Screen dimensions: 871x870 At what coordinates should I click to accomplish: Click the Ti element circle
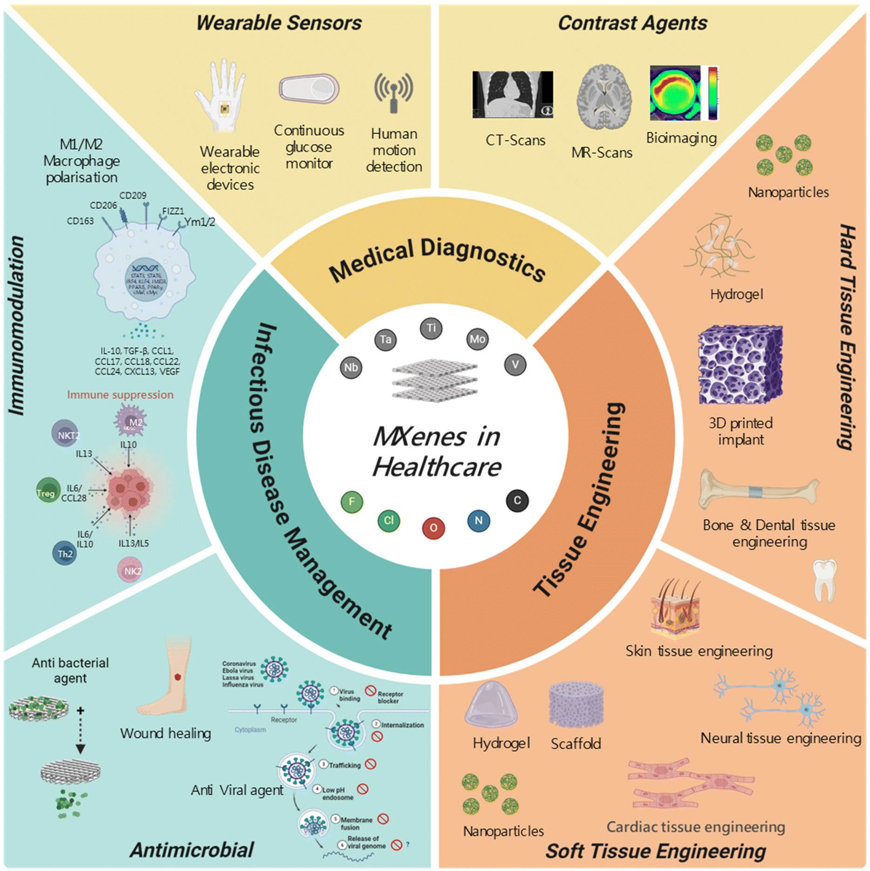(x=431, y=328)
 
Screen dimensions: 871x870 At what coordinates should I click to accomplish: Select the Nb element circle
(x=351, y=367)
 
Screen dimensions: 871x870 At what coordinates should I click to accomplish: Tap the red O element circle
(x=433, y=528)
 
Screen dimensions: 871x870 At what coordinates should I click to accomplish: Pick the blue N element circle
(x=478, y=520)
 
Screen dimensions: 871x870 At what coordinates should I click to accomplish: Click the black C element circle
(x=517, y=501)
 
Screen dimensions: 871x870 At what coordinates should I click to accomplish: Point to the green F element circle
(x=352, y=502)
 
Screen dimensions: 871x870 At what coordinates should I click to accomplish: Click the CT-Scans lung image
(x=512, y=94)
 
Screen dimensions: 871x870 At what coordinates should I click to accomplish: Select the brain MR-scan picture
(x=604, y=97)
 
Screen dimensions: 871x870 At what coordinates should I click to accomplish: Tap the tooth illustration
(x=824, y=580)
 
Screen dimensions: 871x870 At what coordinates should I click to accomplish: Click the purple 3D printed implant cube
(x=740, y=364)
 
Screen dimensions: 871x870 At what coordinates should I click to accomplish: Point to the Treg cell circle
(x=48, y=490)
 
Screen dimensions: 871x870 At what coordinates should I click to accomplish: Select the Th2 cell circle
(x=64, y=553)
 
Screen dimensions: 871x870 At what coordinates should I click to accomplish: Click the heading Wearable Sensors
(x=279, y=23)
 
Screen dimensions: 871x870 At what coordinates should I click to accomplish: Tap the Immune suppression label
(x=120, y=395)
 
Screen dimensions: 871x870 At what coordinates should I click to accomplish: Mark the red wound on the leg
(x=177, y=677)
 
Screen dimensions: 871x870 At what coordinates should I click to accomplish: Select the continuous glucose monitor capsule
(x=309, y=88)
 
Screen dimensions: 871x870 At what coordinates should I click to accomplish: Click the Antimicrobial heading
(x=192, y=850)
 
